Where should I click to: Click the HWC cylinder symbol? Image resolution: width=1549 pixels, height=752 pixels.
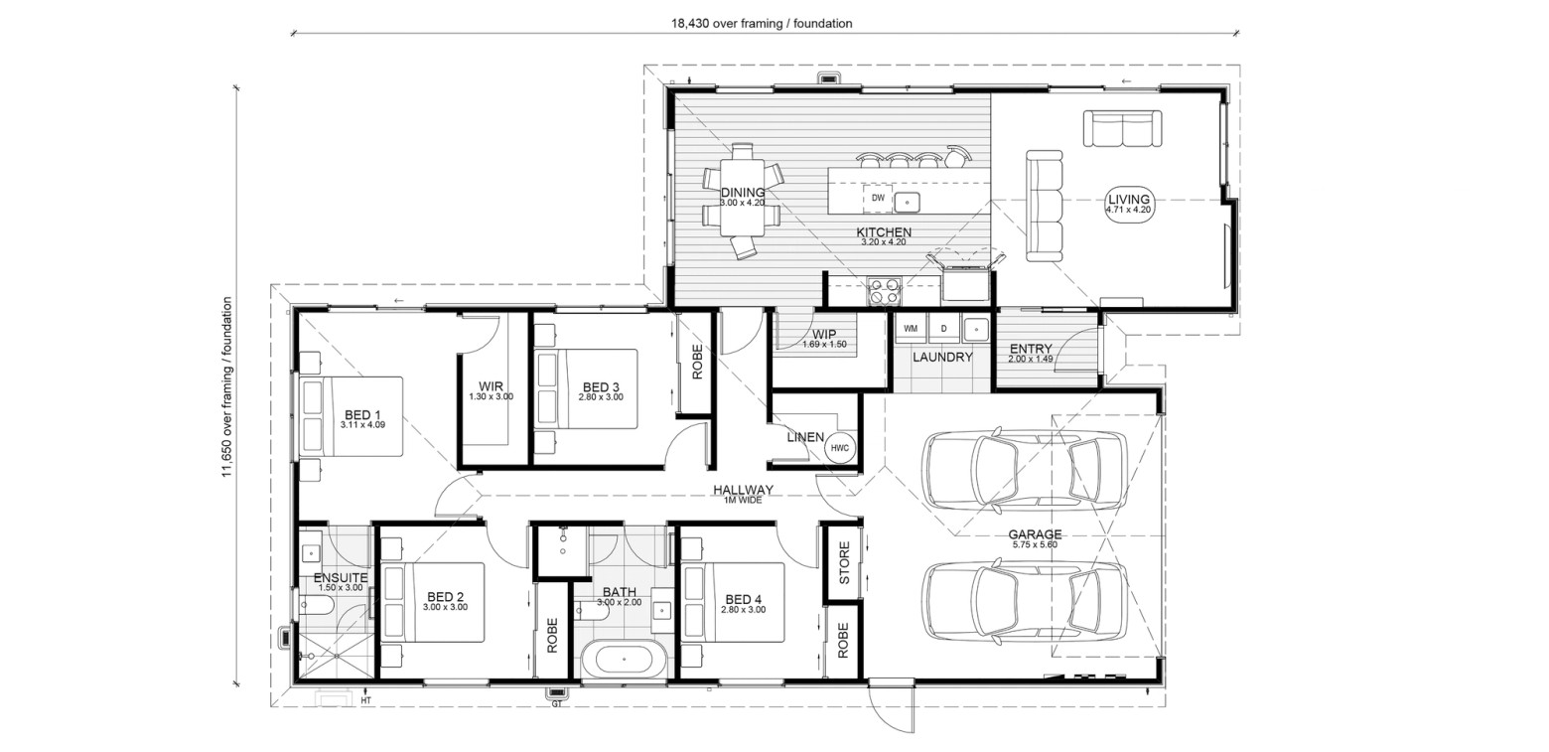click(x=839, y=448)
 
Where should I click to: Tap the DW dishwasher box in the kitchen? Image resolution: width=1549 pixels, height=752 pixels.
click(x=878, y=198)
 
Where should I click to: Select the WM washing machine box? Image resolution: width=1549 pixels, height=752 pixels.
click(x=911, y=329)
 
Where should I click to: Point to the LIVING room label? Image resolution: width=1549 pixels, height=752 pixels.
click(x=1129, y=200)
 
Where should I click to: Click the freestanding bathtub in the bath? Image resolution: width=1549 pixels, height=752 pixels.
click(x=623, y=660)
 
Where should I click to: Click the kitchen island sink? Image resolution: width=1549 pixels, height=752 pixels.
click(x=907, y=202)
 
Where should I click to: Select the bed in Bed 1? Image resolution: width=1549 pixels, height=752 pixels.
click(x=351, y=416)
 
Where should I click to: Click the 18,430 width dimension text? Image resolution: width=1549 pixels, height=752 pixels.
click(x=762, y=24)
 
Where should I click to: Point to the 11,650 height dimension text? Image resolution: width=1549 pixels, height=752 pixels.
click(x=226, y=387)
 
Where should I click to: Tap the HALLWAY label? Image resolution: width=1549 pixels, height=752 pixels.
click(x=744, y=490)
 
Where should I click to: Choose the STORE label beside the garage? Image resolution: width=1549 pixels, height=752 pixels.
click(x=844, y=562)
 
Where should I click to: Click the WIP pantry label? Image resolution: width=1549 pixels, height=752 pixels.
click(x=824, y=335)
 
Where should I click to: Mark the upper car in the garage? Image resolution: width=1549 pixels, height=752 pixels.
click(x=1026, y=471)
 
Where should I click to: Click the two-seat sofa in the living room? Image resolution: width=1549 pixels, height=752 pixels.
click(x=1122, y=128)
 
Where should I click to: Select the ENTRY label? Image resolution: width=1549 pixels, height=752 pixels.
click(x=1031, y=349)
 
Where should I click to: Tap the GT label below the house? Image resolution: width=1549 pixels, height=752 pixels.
click(x=557, y=703)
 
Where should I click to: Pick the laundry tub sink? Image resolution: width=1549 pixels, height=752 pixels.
click(x=976, y=328)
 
